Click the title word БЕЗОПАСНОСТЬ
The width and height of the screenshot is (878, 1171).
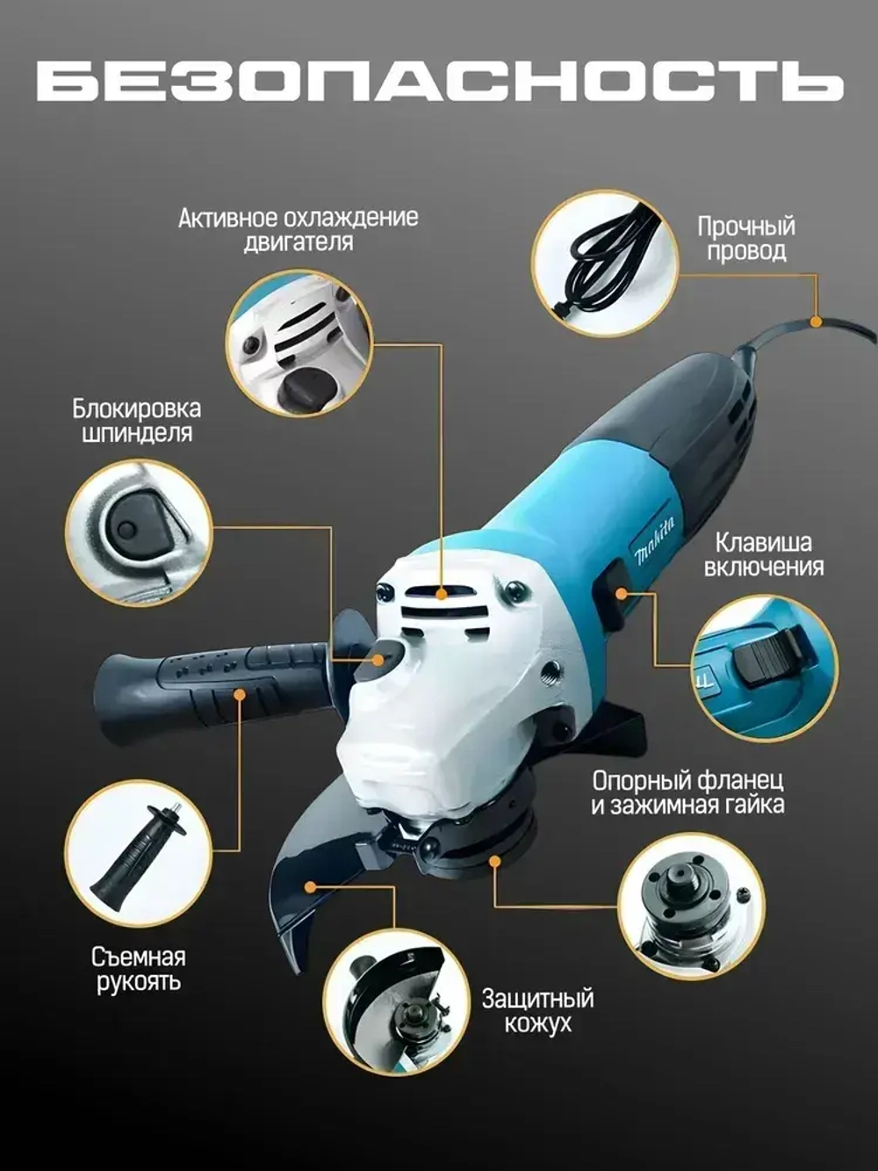tap(439, 82)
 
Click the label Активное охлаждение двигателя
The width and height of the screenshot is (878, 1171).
tap(298, 230)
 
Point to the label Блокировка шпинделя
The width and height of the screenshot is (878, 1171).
tap(137, 422)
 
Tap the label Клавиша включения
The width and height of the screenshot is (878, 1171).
tap(764, 555)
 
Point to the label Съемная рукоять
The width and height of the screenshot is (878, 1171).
tap(139, 969)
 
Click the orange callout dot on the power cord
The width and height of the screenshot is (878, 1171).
tap(816, 322)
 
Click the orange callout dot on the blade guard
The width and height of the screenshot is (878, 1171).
tap(311, 886)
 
